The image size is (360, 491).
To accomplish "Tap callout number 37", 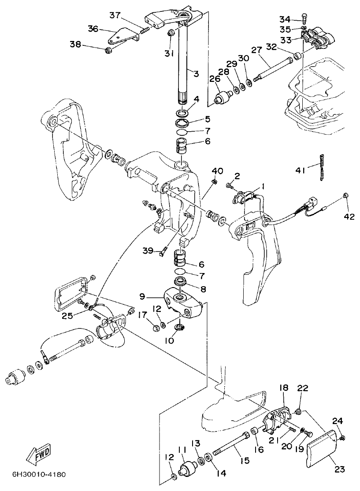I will click(x=115, y=15).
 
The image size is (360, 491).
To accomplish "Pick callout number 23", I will click(x=339, y=469).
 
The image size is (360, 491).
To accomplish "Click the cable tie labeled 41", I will click(x=323, y=167).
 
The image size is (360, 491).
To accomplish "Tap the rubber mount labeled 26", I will click(x=222, y=97).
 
